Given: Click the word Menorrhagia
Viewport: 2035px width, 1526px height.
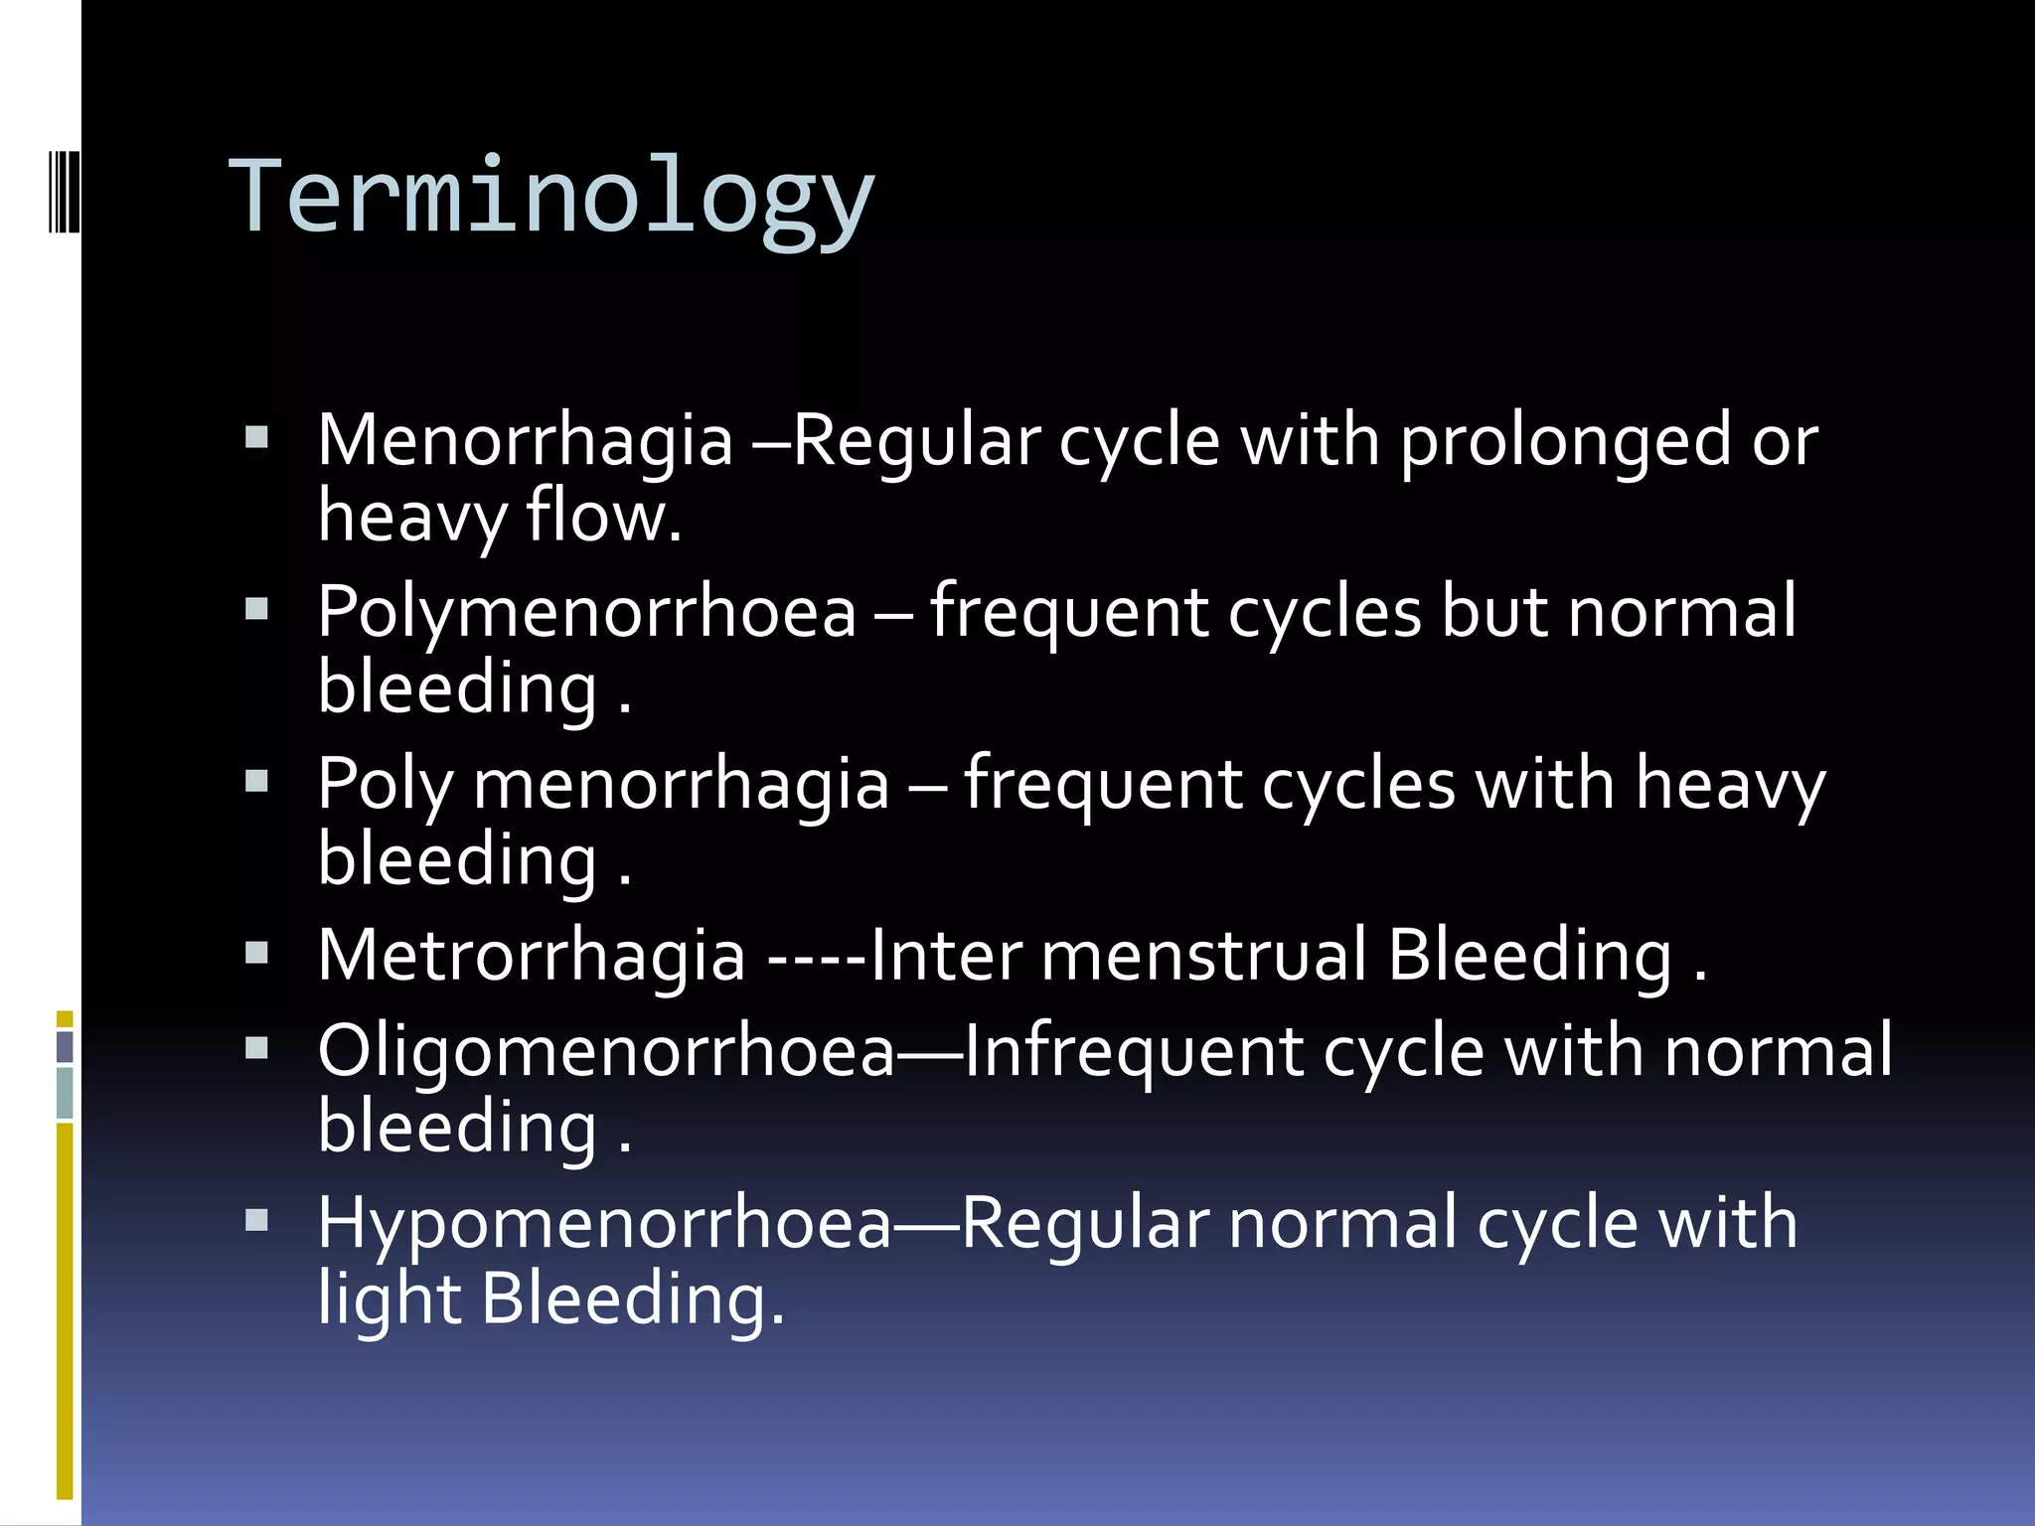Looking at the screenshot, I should pos(525,440).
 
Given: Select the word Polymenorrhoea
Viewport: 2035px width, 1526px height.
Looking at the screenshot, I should pos(586,612).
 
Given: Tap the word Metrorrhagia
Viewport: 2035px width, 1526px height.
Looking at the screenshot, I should pos(531,955).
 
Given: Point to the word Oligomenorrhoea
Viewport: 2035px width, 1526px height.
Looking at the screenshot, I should pos(606,1051).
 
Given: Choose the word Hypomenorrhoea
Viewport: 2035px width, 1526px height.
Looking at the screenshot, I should pos(604,1223).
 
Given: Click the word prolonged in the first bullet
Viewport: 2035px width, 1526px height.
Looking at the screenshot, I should pos(1566,440).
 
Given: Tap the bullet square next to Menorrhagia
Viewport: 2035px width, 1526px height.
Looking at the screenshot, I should pos(256,437).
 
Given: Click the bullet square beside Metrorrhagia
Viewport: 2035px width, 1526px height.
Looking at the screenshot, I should pos(256,953).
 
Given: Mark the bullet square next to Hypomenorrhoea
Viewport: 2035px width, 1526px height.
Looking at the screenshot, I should pos(256,1220).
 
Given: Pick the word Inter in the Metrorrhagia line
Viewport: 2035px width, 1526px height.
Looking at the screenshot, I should pos(945,955).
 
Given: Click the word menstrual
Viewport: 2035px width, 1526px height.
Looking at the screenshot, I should pos(1203,955).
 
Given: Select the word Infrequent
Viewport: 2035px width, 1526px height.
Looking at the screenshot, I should pos(1133,1051).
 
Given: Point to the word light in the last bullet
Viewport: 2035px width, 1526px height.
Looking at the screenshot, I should pos(389,1299).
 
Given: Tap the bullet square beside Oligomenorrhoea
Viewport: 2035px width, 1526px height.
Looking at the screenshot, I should pos(256,1048).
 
